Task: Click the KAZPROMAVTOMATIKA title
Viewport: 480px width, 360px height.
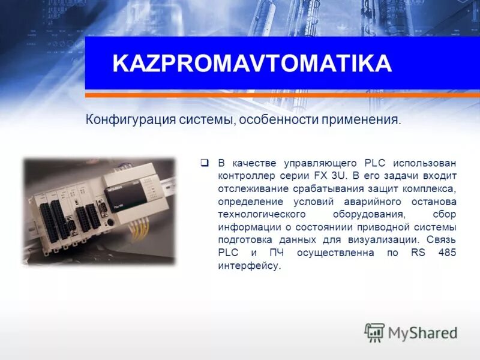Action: tap(252, 64)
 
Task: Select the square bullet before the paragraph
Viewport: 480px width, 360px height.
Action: tap(204, 162)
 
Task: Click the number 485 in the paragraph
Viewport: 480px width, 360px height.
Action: tap(447, 253)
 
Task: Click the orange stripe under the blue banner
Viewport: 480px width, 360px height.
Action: tap(282, 94)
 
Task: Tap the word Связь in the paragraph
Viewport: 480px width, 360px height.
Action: tap(441, 239)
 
